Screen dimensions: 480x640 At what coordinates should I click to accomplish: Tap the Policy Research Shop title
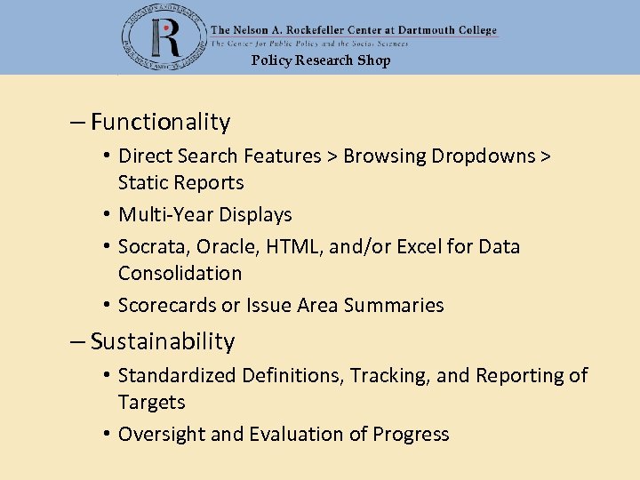(x=320, y=60)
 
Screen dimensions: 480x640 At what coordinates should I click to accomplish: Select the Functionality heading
(x=160, y=122)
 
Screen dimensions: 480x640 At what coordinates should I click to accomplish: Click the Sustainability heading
(x=163, y=341)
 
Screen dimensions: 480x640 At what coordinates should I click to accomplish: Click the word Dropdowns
(x=484, y=156)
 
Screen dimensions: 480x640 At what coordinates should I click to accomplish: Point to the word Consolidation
(x=180, y=273)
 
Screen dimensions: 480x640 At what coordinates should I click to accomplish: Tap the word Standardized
(x=173, y=375)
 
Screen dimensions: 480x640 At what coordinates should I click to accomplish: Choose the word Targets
(x=152, y=402)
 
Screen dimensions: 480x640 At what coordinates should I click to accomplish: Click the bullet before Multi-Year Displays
(x=106, y=214)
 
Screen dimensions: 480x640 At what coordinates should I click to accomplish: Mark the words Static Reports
(x=180, y=182)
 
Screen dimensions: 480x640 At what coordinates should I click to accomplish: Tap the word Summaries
(x=394, y=305)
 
